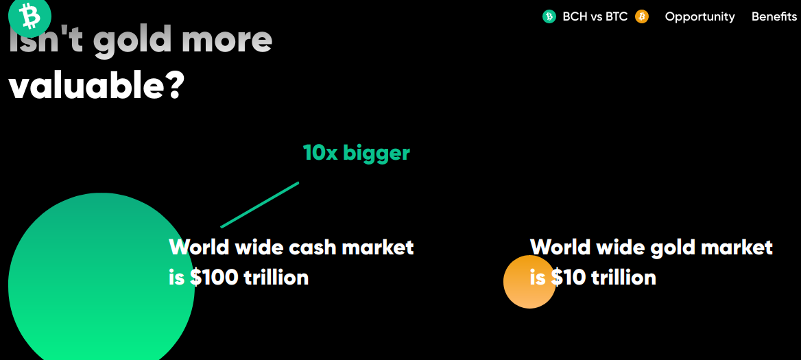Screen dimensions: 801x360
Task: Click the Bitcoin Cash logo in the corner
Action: (x=29, y=16)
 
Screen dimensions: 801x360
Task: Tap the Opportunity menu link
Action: (x=700, y=17)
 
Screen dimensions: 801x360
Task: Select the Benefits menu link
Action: (x=774, y=16)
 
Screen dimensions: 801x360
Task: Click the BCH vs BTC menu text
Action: (x=595, y=16)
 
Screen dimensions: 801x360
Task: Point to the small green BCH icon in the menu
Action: (x=549, y=16)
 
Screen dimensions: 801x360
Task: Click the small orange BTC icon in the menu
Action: (x=642, y=16)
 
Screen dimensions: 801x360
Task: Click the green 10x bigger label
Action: (x=356, y=152)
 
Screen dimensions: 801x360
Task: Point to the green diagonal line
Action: (x=259, y=204)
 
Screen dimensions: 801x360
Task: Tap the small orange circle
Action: (x=529, y=282)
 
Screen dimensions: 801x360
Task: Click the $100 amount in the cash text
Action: (x=214, y=277)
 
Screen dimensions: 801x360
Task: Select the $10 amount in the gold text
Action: (x=569, y=277)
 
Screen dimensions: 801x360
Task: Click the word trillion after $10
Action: (x=624, y=277)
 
